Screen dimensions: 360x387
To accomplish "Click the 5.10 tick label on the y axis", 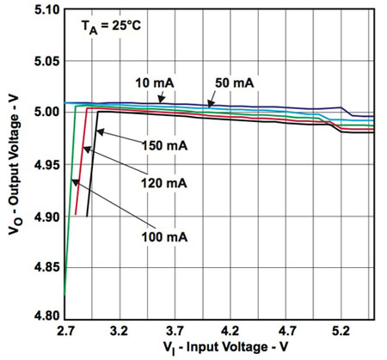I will (x=44, y=10).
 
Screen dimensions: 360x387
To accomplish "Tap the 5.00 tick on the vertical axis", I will (x=44, y=112).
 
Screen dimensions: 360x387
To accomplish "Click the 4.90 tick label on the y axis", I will (x=44, y=217).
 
